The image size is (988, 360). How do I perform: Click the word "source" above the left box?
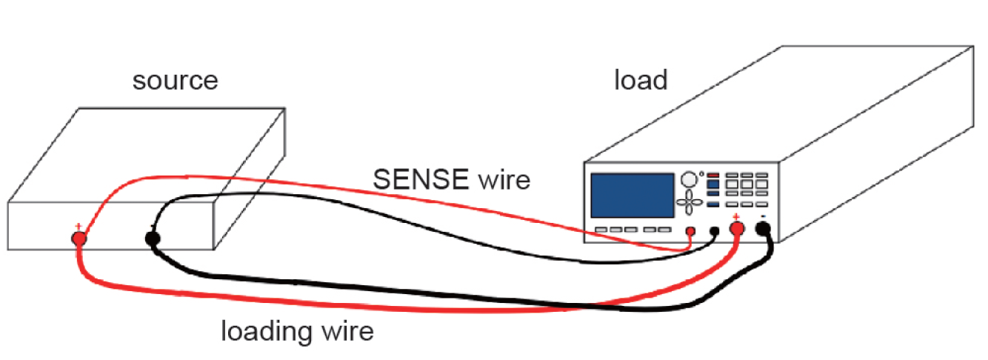coord(176,80)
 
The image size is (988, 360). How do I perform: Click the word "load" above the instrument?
coord(641,79)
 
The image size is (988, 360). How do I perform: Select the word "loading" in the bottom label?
coord(266,331)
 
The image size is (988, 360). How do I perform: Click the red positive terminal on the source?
coord(78,239)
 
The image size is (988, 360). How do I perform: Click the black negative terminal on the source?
coord(153,239)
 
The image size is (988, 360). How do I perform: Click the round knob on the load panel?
coord(690,179)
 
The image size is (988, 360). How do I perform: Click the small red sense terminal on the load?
coord(690,231)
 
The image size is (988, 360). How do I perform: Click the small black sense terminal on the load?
coord(715,231)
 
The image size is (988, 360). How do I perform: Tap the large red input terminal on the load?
coord(737,229)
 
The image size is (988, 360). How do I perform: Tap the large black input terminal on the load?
coord(763,229)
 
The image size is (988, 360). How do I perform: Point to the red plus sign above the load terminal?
coord(736,216)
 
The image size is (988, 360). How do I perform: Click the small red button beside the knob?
coord(713,176)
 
